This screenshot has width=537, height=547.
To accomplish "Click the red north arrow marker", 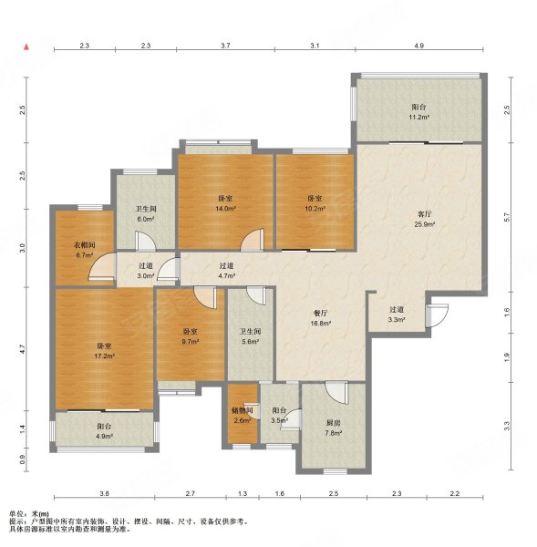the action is pos(26,46).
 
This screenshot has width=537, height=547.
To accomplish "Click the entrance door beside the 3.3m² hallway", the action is pos(437,315).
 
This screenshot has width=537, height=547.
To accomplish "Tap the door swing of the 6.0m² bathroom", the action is pos(146,241).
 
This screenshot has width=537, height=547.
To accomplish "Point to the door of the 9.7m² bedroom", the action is pos(205,297).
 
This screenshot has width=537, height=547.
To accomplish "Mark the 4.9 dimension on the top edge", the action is pos(419,46).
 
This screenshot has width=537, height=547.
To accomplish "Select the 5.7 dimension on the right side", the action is pos(507,217).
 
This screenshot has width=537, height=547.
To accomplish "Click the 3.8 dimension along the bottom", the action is pos(104,493).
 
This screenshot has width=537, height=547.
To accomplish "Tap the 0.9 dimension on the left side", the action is pos(23,460).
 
